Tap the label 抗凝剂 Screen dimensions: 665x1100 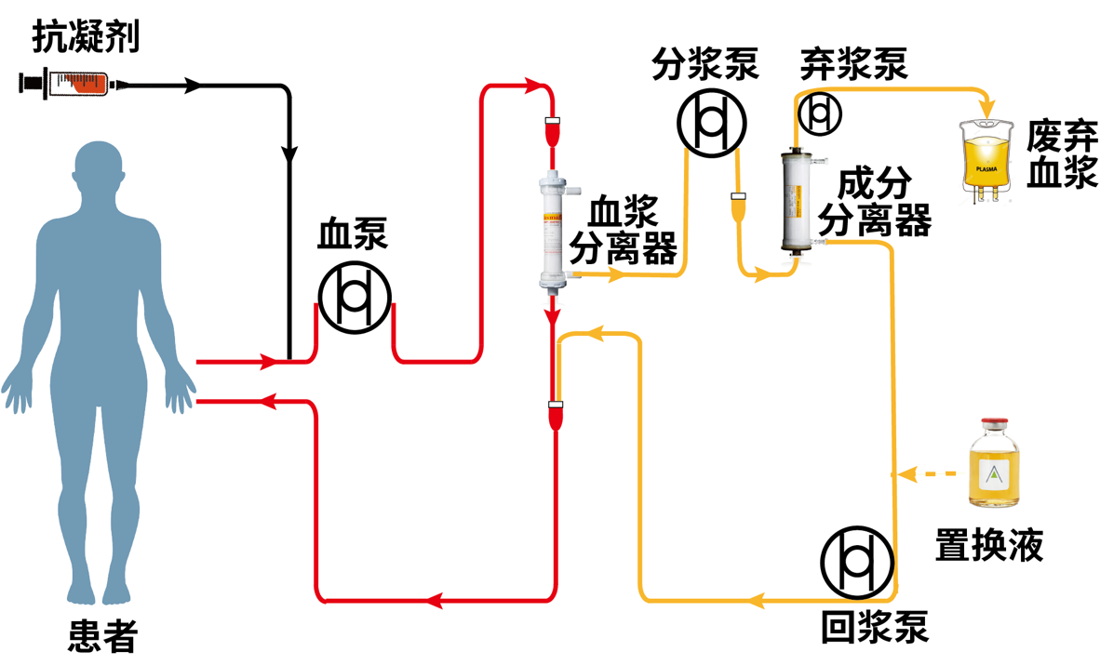click(x=86, y=37)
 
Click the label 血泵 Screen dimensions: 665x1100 click(x=353, y=233)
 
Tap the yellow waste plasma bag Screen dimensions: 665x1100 click(x=986, y=159)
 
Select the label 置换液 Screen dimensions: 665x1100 click(x=989, y=544)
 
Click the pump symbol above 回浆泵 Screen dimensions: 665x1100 click(x=857, y=564)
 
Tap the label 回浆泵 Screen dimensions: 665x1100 click(x=875, y=627)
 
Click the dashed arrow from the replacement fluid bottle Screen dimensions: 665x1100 click(x=926, y=474)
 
